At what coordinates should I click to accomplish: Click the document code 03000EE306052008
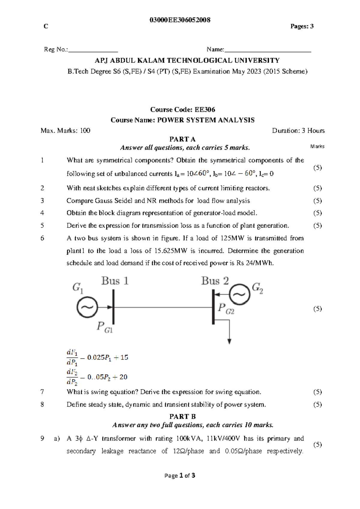(180, 20)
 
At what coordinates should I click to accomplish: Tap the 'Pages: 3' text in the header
(302, 26)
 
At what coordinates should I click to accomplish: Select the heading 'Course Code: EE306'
(182, 110)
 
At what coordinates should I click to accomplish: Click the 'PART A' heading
(182, 139)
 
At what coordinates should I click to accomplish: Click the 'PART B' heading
(182, 417)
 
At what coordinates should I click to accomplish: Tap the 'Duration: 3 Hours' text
(298, 131)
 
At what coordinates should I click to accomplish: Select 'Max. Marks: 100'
(65, 131)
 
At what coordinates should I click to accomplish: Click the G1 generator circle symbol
(87, 307)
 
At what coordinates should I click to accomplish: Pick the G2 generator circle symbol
(240, 294)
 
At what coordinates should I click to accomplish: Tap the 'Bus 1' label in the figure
(115, 281)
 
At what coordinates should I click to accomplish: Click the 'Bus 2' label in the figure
(215, 281)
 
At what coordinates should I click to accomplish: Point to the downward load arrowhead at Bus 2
(229, 341)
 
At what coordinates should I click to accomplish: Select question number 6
(42, 238)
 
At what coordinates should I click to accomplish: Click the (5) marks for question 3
(317, 201)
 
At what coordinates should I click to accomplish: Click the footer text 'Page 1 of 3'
(180, 475)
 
